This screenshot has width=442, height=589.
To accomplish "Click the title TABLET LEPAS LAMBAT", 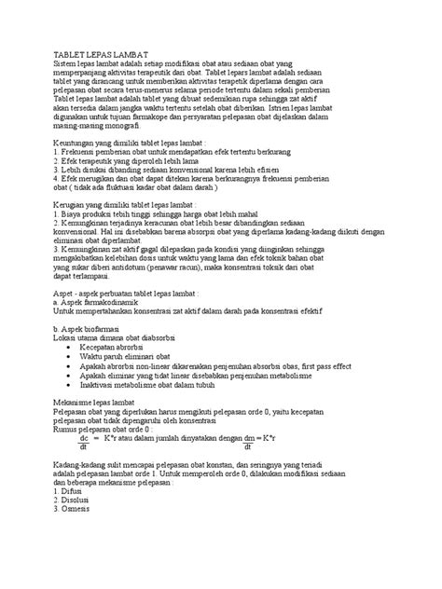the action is [x=100, y=55].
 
